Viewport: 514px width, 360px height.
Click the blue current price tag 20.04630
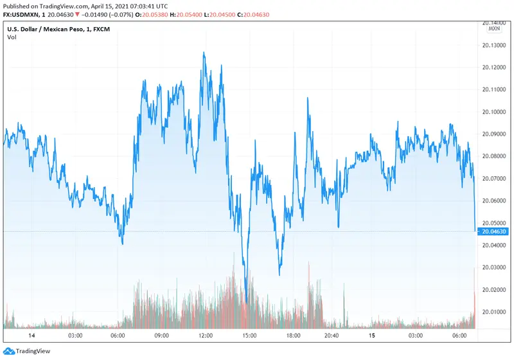click(x=493, y=231)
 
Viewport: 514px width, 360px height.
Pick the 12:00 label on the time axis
click(x=206, y=336)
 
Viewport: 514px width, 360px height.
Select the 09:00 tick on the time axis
click(x=161, y=336)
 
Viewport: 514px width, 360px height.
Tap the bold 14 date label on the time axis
click(x=31, y=336)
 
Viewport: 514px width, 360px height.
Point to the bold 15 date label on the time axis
click(x=371, y=336)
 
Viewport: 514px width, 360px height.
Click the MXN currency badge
click(x=493, y=29)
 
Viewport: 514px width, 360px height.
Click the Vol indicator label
click(x=12, y=37)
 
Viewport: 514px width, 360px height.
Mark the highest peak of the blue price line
click(x=204, y=53)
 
